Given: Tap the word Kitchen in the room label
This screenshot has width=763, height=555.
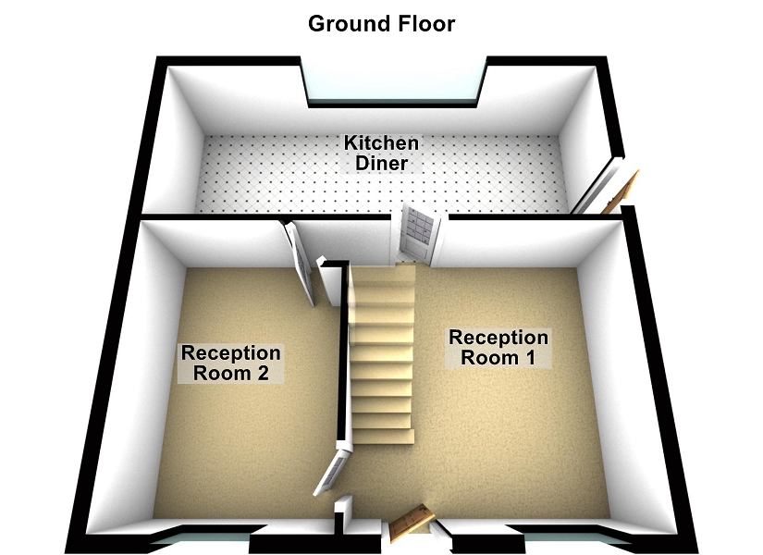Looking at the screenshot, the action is click(x=381, y=144).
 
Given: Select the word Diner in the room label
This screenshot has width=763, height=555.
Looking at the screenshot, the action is click(x=382, y=165).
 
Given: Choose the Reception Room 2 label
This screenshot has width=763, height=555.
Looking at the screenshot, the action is click(x=230, y=364).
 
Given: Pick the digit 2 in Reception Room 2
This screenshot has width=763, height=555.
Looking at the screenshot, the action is click(x=271, y=374).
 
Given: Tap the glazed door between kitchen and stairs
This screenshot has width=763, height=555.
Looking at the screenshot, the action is click(x=415, y=232).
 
